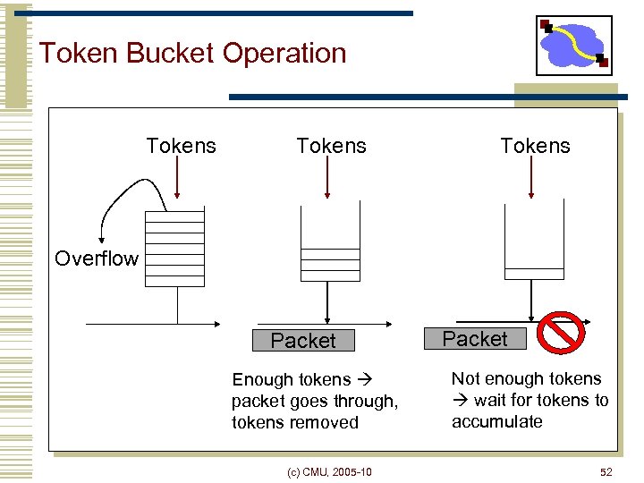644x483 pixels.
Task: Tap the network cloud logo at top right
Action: [573, 45]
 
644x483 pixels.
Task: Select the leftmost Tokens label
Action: [181, 146]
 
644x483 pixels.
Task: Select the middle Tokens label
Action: [331, 146]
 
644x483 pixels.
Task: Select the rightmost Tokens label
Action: [535, 146]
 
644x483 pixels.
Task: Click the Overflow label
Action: [97, 259]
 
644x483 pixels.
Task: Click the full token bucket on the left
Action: [175, 246]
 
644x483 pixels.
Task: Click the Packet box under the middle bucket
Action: [303, 341]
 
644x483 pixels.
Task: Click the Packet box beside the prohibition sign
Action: [475, 339]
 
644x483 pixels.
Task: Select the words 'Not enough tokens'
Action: [526, 379]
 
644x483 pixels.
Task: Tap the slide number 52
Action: [606, 471]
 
